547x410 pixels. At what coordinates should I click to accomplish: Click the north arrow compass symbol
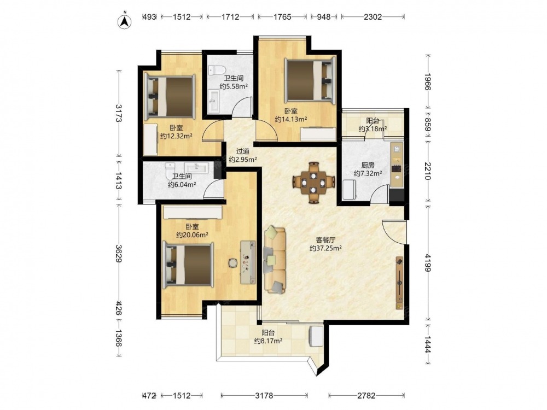125,21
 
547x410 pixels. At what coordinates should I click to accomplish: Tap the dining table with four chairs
314,182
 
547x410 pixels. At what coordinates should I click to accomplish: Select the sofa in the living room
275,259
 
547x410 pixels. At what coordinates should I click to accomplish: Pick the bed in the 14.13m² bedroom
310,81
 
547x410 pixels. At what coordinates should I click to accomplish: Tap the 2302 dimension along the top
373,17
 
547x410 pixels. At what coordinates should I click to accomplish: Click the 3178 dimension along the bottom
264,395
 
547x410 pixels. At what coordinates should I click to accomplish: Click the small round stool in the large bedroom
232,262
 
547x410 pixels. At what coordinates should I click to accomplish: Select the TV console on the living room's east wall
399,283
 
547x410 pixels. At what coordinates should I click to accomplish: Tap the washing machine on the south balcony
317,336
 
